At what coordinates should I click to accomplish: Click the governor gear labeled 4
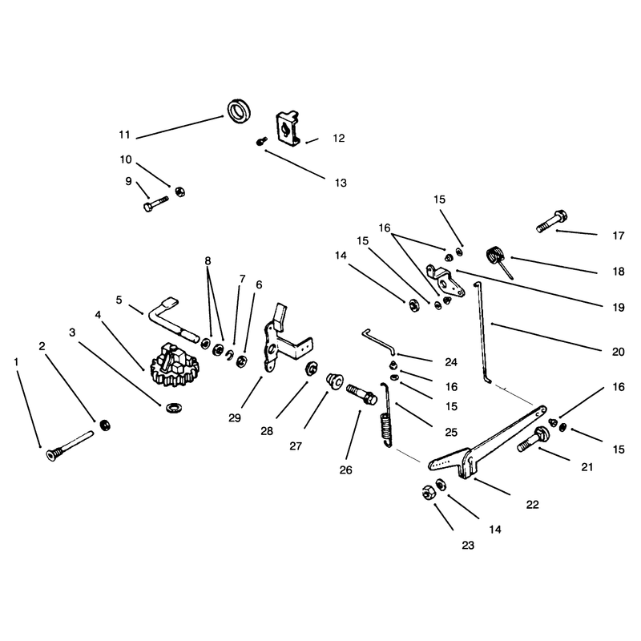(x=175, y=365)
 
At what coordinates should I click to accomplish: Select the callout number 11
(x=124, y=135)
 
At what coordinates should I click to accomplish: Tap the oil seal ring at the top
(x=239, y=111)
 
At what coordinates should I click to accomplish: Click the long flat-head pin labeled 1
(x=71, y=445)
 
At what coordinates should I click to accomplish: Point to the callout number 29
(x=235, y=417)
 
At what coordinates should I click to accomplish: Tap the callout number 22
(x=532, y=505)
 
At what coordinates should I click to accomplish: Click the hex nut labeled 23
(x=428, y=492)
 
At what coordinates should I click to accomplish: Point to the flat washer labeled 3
(x=174, y=408)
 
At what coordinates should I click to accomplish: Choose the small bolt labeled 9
(x=155, y=204)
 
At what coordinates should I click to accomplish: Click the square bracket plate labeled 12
(x=288, y=128)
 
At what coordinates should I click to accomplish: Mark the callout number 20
(x=618, y=352)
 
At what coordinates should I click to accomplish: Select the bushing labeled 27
(x=335, y=381)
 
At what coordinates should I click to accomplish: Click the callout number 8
(x=208, y=260)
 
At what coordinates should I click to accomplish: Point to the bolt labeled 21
(x=534, y=438)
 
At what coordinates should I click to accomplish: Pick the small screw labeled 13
(x=262, y=142)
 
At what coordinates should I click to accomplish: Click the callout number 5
(x=119, y=300)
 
